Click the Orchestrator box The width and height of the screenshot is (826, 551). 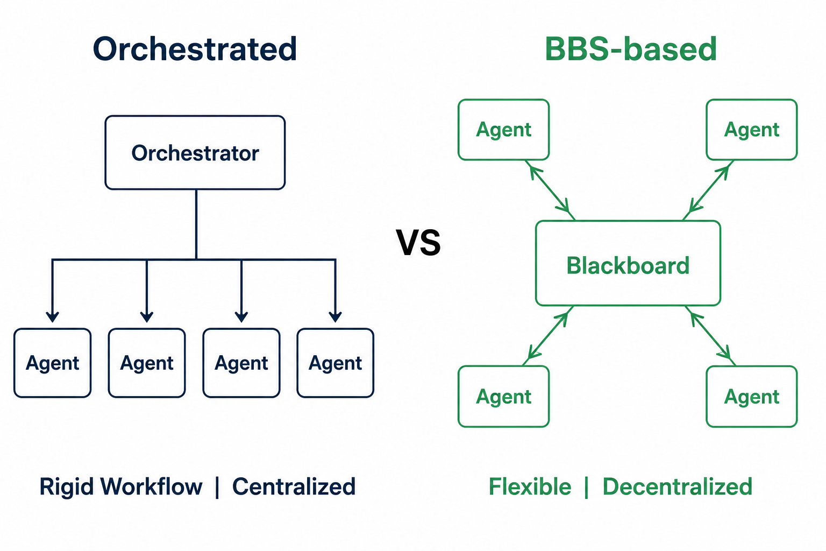(195, 152)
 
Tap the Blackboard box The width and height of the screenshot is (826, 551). (628, 263)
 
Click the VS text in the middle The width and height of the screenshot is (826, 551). (418, 242)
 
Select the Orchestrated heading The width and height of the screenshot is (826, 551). (195, 49)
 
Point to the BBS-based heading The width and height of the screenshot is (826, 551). (631, 49)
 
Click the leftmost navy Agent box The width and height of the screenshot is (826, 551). (52, 363)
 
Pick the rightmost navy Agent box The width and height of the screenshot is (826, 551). (335, 363)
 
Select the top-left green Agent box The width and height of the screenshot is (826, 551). (504, 130)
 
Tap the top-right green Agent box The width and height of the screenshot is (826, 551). (752, 130)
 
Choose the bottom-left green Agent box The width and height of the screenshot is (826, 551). (504, 397)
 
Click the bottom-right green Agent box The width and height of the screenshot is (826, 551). (752, 397)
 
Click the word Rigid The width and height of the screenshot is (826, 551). (66, 487)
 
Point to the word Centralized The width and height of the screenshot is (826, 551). (294, 486)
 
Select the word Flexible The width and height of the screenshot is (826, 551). (530, 486)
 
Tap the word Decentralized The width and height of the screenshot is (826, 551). (678, 486)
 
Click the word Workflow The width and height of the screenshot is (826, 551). (152, 486)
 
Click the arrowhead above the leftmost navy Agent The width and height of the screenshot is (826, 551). (52, 317)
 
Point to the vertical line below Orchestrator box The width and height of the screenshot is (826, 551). (196, 224)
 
